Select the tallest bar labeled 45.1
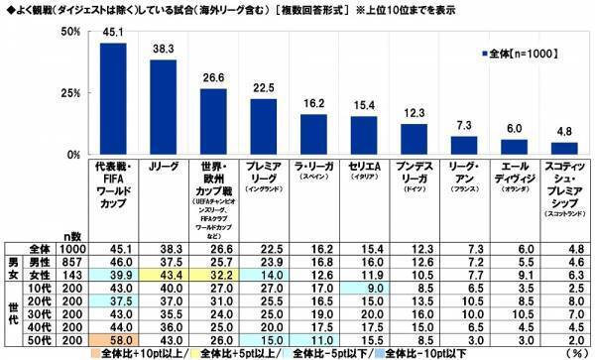113,99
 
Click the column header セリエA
364,169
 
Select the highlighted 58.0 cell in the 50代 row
113,339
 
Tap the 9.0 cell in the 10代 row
364,287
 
